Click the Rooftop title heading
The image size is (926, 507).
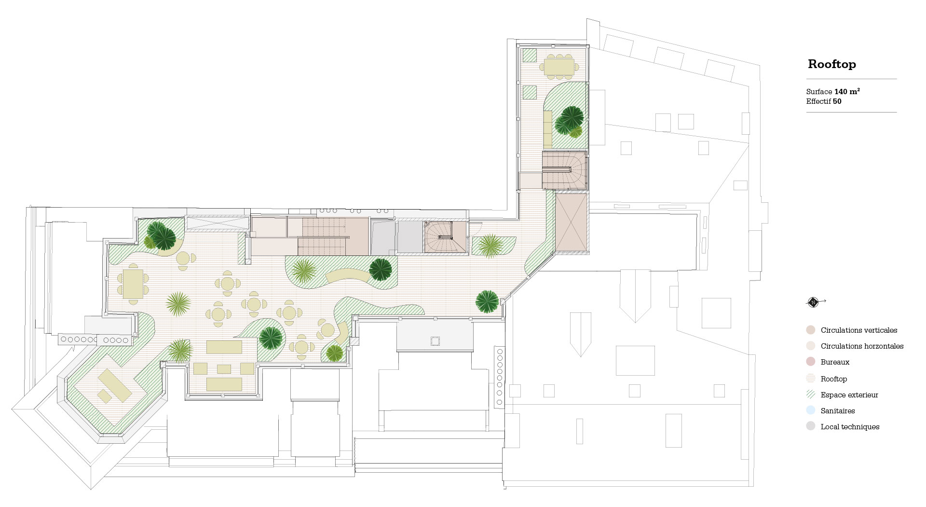[x=832, y=64]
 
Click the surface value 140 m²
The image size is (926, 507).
[x=847, y=91]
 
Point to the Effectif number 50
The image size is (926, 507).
[x=837, y=101]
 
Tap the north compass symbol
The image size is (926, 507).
[x=813, y=302]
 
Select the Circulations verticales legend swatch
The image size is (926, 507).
[x=810, y=330]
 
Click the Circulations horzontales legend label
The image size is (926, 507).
[x=862, y=346]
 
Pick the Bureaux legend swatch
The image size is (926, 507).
[x=810, y=362]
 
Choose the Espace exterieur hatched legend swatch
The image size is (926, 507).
[x=810, y=394]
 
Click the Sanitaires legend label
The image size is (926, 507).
[x=838, y=411]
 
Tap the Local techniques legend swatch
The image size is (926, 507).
[x=810, y=426]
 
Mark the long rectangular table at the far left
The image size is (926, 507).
[x=133, y=283]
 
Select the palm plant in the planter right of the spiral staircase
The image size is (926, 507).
[x=491, y=245]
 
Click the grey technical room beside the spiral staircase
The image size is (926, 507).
[x=409, y=237]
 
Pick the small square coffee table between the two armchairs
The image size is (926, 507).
[x=224, y=369]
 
